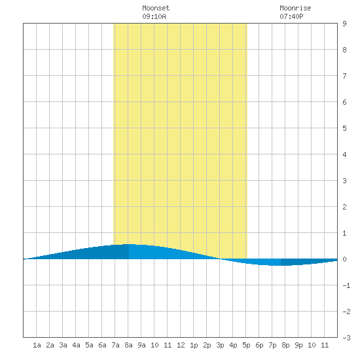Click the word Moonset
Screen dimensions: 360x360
(x=156, y=8)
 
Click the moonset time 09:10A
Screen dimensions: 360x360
(x=154, y=16)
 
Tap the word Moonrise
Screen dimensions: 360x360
(x=295, y=8)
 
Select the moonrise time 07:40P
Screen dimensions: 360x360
(x=291, y=16)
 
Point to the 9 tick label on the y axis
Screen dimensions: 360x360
(x=344, y=24)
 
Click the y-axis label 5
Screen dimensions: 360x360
(x=344, y=128)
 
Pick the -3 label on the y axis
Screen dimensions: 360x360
(x=346, y=338)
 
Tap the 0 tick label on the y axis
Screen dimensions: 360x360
(x=344, y=259)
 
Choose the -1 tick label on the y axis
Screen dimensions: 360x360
(x=346, y=285)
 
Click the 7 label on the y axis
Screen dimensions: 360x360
(x=344, y=76)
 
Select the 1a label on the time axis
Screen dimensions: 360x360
(x=37, y=345)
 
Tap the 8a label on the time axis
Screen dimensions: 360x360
(x=128, y=345)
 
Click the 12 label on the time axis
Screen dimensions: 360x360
(x=181, y=345)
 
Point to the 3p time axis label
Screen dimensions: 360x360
(x=220, y=345)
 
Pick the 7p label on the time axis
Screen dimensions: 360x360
(x=272, y=345)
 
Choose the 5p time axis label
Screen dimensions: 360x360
(x=246, y=345)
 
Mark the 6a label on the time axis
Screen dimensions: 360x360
(x=102, y=345)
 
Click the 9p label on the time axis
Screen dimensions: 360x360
(x=298, y=345)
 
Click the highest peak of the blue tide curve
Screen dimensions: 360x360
(x=128, y=244)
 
